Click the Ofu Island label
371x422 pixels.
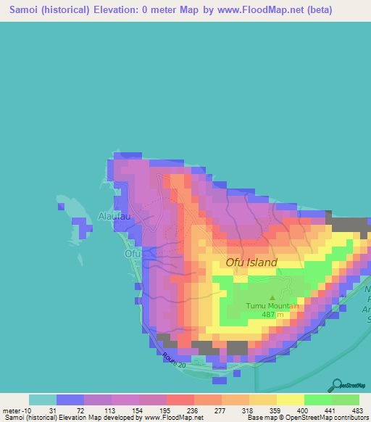coord(251,262)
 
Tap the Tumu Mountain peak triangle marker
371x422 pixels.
coord(272,297)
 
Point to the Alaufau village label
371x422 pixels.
coord(113,215)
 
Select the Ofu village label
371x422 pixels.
coord(132,254)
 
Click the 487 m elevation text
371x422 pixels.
coord(272,315)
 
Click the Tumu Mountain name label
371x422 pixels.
coord(272,306)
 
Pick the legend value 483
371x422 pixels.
coord(356,410)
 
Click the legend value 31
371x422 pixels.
coord(52,410)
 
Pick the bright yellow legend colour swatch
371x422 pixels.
coord(290,400)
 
